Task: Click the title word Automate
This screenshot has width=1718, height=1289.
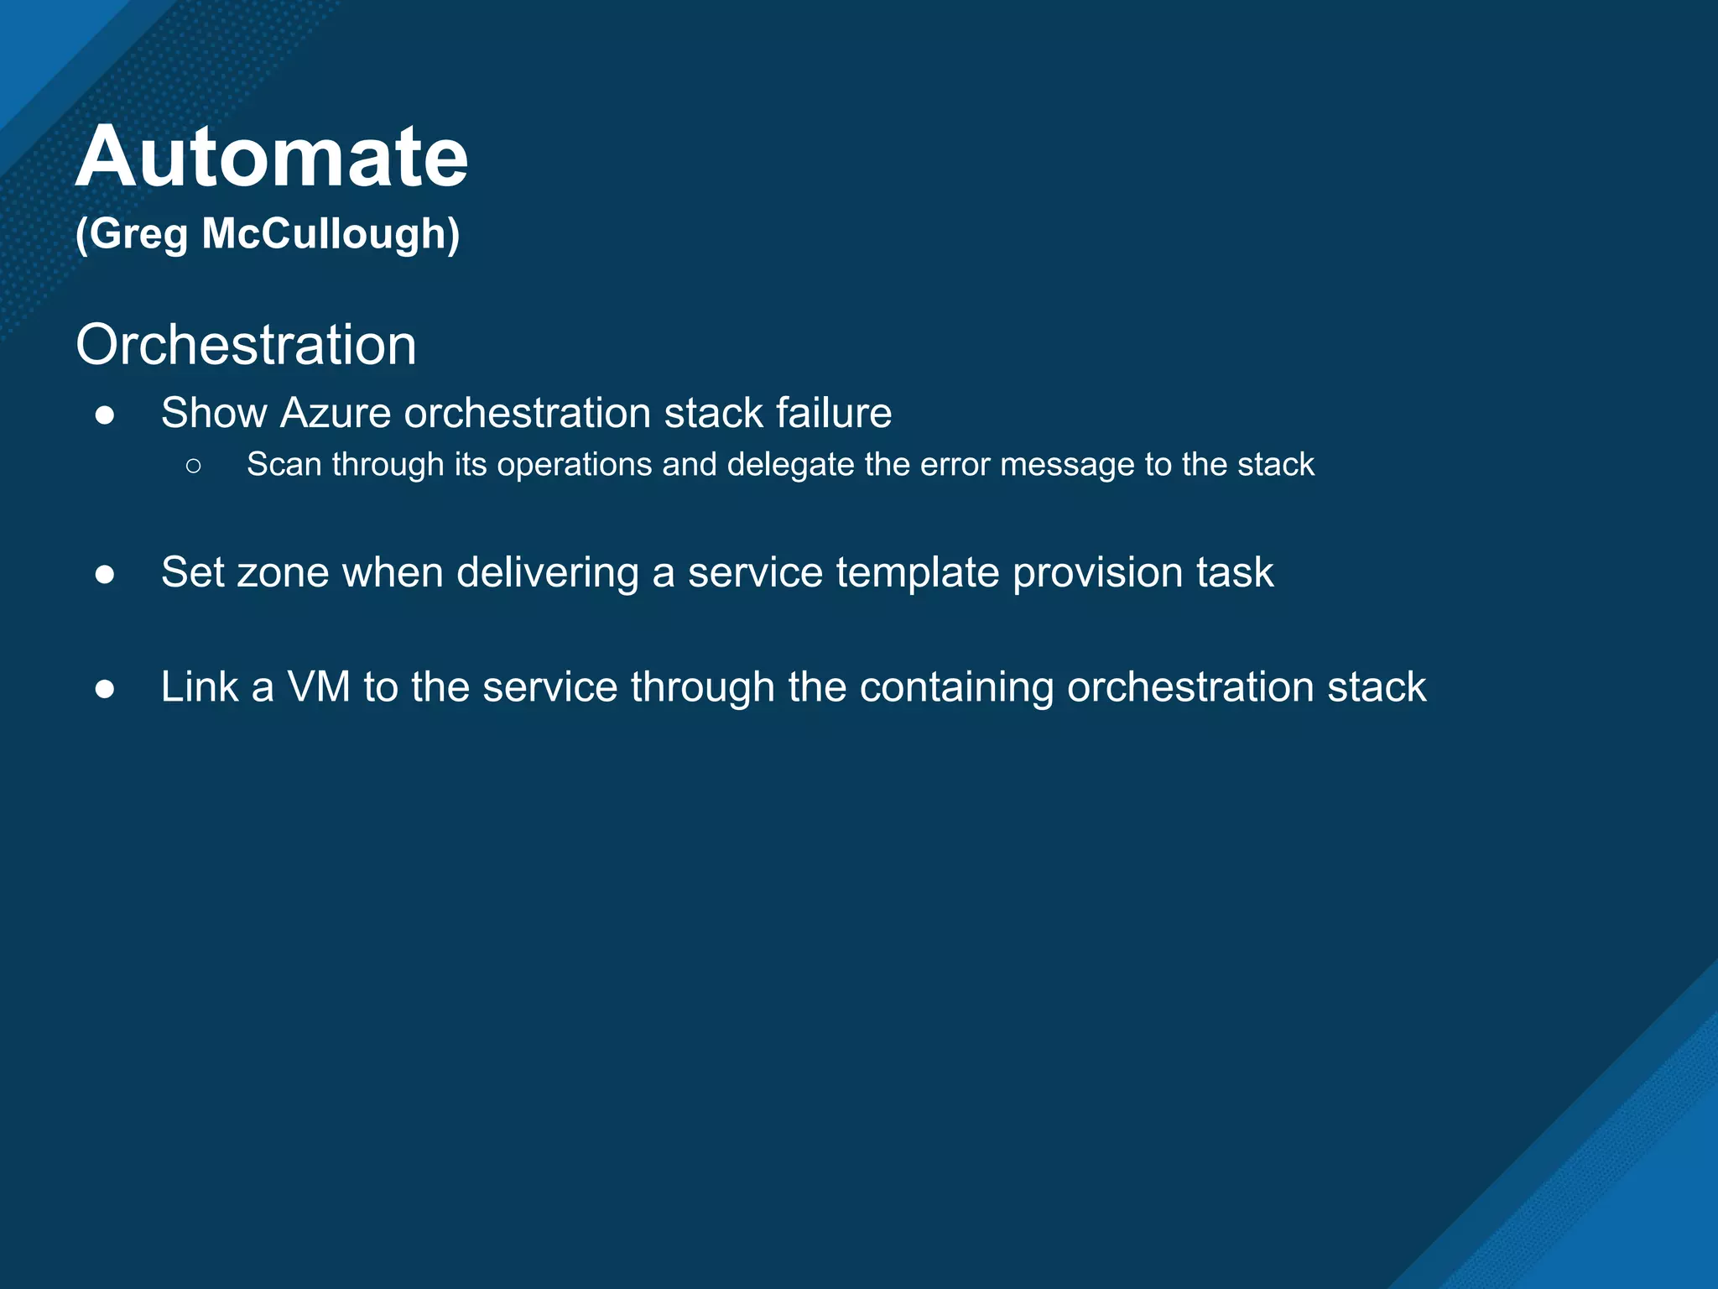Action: coord(272,157)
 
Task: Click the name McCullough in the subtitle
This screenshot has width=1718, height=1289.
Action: coord(331,233)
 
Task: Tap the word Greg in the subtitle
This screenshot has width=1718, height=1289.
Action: coord(139,235)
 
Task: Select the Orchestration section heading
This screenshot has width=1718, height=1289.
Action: coord(246,345)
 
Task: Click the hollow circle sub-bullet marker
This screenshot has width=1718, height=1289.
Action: coord(194,466)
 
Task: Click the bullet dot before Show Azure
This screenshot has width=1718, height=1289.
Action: coord(105,415)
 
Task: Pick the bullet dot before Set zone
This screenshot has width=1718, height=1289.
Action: coord(105,574)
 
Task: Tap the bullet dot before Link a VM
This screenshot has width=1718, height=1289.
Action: coord(105,688)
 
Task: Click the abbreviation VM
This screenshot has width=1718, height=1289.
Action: coord(319,687)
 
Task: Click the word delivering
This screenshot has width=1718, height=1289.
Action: coord(547,573)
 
